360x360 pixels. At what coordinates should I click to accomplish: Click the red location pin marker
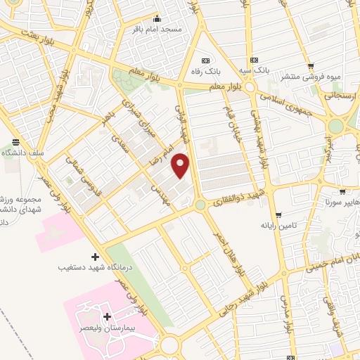click(x=181, y=165)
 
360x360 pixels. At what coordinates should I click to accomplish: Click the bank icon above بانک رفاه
click(x=205, y=60)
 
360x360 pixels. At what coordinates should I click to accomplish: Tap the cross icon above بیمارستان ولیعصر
click(x=106, y=318)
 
